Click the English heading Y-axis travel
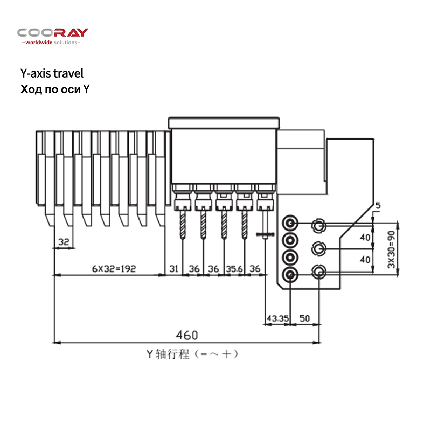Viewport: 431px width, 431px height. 52,73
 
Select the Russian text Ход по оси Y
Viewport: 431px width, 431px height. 55,89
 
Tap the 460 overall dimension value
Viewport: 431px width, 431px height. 187,335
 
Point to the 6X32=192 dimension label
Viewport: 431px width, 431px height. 114,268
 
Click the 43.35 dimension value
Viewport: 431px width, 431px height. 277,318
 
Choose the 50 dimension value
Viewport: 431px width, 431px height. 304,318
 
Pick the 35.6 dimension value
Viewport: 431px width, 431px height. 234,268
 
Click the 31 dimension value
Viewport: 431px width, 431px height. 173,268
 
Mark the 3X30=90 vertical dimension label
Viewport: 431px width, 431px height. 391,249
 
